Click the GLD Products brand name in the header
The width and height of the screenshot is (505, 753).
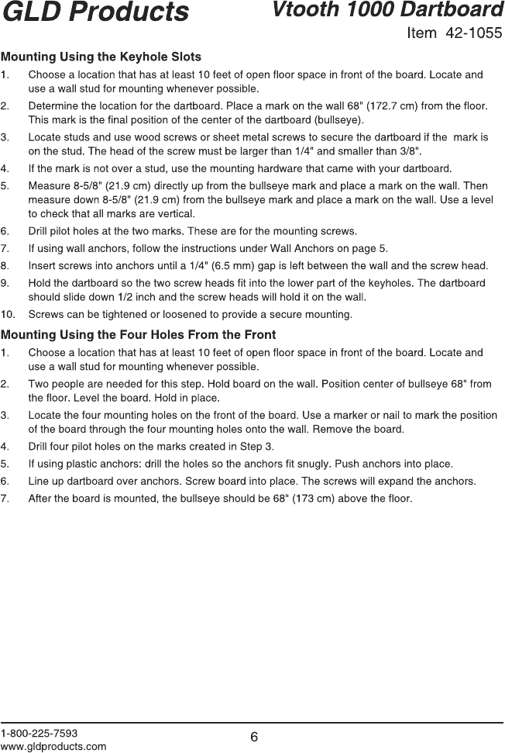pos(94,12)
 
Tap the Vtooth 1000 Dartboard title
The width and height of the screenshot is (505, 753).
pos(387,11)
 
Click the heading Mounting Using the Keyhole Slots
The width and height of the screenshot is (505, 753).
pos(101,57)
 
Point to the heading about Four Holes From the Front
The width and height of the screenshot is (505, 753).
pos(139,335)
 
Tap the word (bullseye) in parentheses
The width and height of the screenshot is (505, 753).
pos(339,119)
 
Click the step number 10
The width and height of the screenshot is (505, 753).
pos(9,314)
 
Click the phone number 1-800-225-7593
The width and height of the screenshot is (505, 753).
pos(40,732)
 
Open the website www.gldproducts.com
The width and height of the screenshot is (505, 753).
pos(53,746)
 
